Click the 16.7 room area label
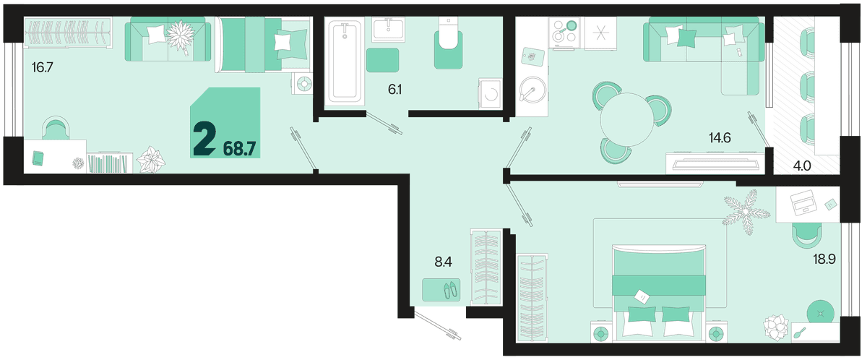[x=42, y=68]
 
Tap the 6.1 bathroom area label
[x=394, y=90]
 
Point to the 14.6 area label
[x=720, y=137]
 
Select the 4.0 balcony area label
[x=802, y=166]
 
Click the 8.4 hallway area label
[x=443, y=262]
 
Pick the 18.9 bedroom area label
[x=824, y=259]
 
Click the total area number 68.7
[x=240, y=149]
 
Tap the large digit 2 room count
[x=204, y=138]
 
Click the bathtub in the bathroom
[x=345, y=61]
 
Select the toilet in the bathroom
[x=448, y=42]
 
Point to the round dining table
[x=627, y=119]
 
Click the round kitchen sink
[x=532, y=89]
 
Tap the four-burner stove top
[x=564, y=33]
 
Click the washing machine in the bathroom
[x=490, y=94]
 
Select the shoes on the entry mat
[x=450, y=290]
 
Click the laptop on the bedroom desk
[x=803, y=202]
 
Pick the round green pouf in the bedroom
[x=820, y=312]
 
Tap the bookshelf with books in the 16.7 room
[x=110, y=163]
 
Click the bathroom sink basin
[x=388, y=30]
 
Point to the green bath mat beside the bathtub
[x=382, y=60]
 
